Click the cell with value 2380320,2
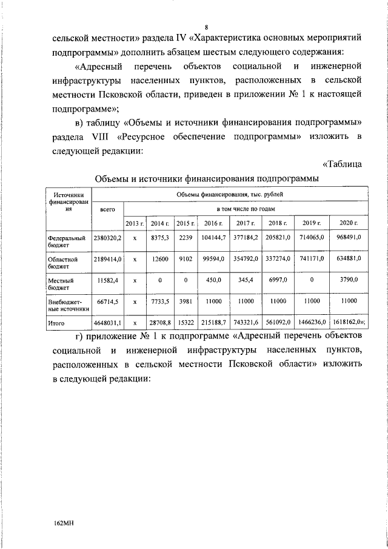pyautogui.click(x=107, y=238)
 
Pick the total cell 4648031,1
pyautogui.click(x=107, y=324)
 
